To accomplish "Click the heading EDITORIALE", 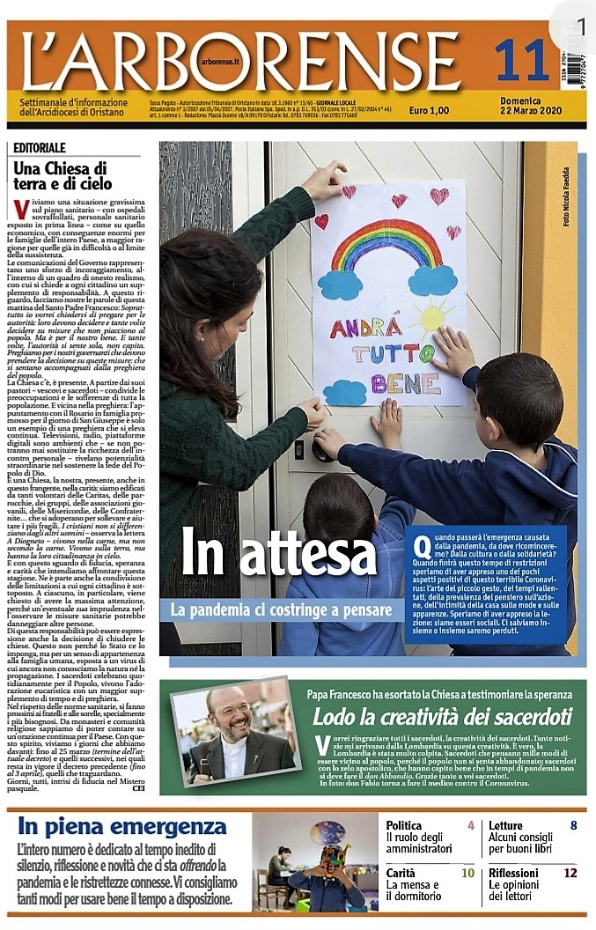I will (40, 148).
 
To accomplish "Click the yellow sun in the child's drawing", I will (435, 317).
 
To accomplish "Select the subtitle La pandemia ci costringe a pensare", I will (282, 609).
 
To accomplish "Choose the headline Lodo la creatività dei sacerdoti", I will (442, 716).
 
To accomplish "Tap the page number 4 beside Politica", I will (471, 825).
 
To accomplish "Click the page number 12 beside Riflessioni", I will (570, 873).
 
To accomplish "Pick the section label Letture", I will (506, 825).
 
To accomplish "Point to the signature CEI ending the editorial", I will (137, 788).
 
